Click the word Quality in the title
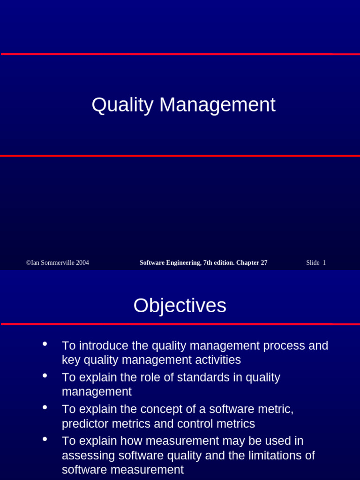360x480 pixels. pos(122,105)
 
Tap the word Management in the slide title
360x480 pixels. pos(217,105)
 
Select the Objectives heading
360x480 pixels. pos(180,306)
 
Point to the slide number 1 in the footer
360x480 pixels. pos(324,263)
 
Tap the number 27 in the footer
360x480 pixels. pos(263,263)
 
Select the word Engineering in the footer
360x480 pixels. pos(182,263)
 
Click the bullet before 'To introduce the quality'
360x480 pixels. pos(45,344)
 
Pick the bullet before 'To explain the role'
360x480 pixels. pos(45,375)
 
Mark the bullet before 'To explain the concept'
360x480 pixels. pos(45,407)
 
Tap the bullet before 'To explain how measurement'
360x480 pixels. pos(45,439)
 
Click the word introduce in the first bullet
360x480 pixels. pos(103,346)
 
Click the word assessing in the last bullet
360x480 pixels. pos(88,456)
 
